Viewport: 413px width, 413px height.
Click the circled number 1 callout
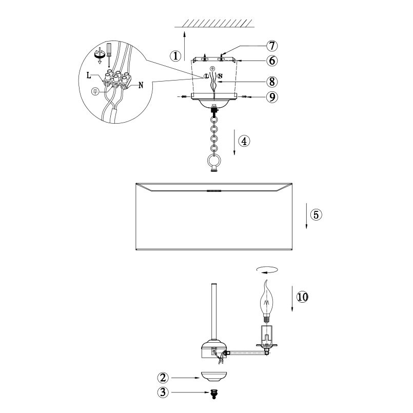point(175,55)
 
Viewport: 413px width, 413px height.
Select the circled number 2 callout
point(163,378)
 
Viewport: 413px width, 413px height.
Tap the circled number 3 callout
point(163,392)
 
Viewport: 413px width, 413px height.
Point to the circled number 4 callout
point(244,141)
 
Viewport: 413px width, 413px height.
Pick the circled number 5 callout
point(316,214)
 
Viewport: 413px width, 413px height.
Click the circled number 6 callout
point(272,61)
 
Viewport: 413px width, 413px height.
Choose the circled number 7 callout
point(272,46)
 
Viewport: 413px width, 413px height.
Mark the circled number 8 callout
point(272,82)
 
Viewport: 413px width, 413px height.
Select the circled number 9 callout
point(272,97)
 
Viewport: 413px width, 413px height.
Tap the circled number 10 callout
point(302,297)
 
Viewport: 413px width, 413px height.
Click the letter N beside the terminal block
point(141,85)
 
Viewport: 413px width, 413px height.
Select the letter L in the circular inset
point(89,75)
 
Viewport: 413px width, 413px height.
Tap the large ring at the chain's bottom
point(214,161)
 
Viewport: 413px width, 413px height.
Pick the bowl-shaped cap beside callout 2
point(213,376)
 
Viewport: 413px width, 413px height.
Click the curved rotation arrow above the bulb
point(267,270)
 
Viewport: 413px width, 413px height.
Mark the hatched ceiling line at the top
point(214,24)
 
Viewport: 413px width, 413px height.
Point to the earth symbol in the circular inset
point(95,91)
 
